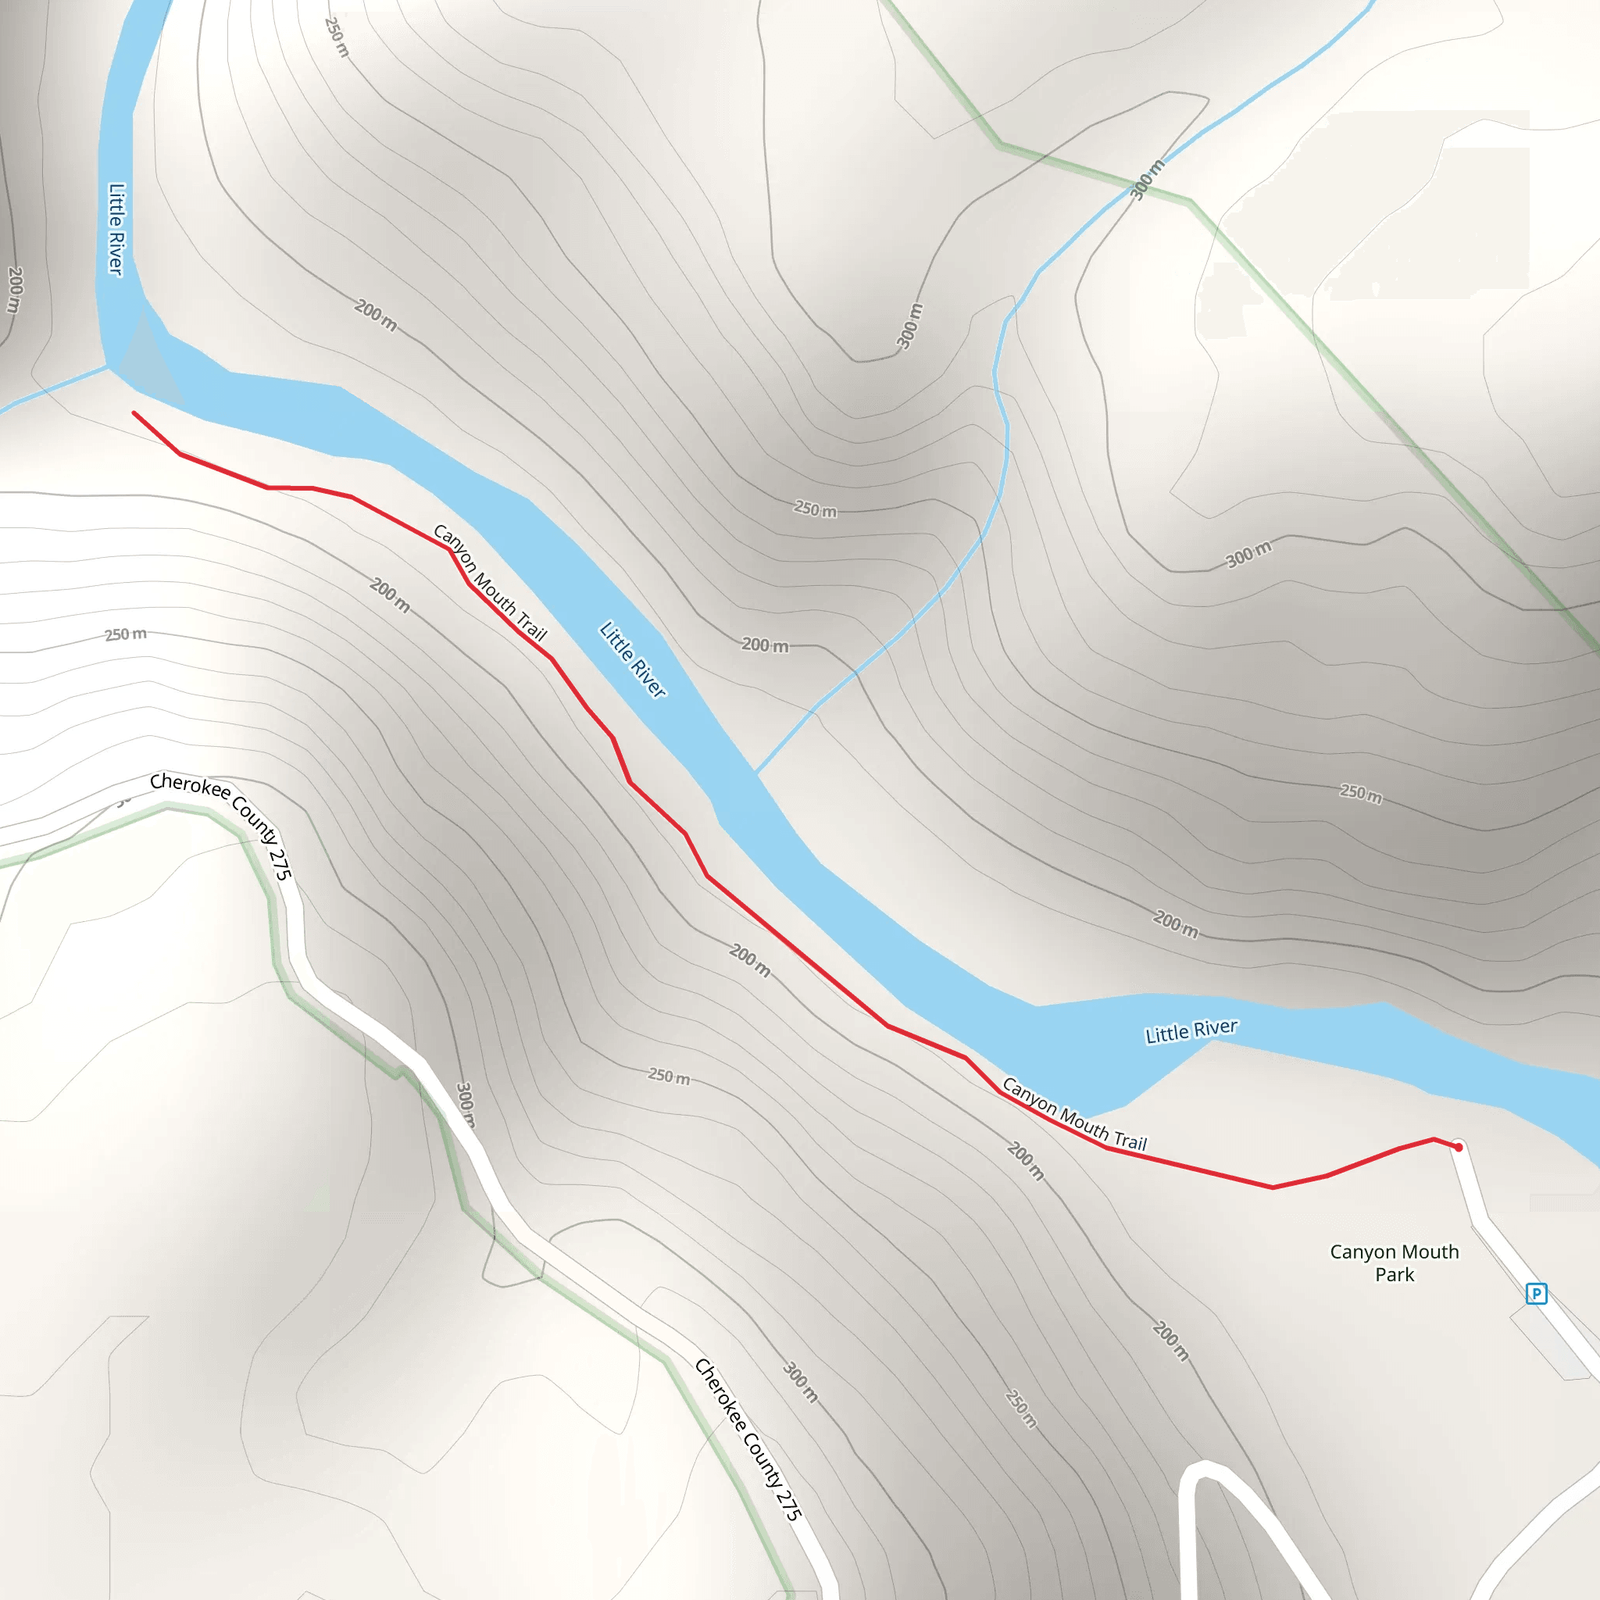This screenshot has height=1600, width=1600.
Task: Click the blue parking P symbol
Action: pos(1536,1293)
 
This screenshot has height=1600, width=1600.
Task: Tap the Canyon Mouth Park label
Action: pos(1394,1263)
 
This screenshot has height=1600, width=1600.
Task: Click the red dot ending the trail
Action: pos(1459,1148)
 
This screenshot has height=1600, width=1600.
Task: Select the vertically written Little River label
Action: pos(116,229)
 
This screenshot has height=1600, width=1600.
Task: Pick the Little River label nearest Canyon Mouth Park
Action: pos(1191,1031)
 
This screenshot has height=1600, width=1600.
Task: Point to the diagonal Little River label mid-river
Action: pos(633,659)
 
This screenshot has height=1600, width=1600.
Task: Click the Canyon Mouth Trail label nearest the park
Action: pos(1074,1114)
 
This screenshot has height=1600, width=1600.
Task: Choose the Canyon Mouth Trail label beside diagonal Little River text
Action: pos(489,582)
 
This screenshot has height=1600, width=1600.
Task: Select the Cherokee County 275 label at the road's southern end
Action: pos(748,1439)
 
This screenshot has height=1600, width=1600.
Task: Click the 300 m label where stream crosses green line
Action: pos(1147,179)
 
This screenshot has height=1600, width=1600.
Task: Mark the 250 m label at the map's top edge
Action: pos(336,37)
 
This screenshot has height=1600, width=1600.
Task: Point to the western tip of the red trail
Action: pos(134,412)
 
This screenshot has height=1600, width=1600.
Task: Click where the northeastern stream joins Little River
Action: pos(756,773)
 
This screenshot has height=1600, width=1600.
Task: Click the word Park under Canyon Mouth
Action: pos(1395,1274)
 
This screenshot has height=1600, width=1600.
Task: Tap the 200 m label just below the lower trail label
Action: pos(1025,1161)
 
